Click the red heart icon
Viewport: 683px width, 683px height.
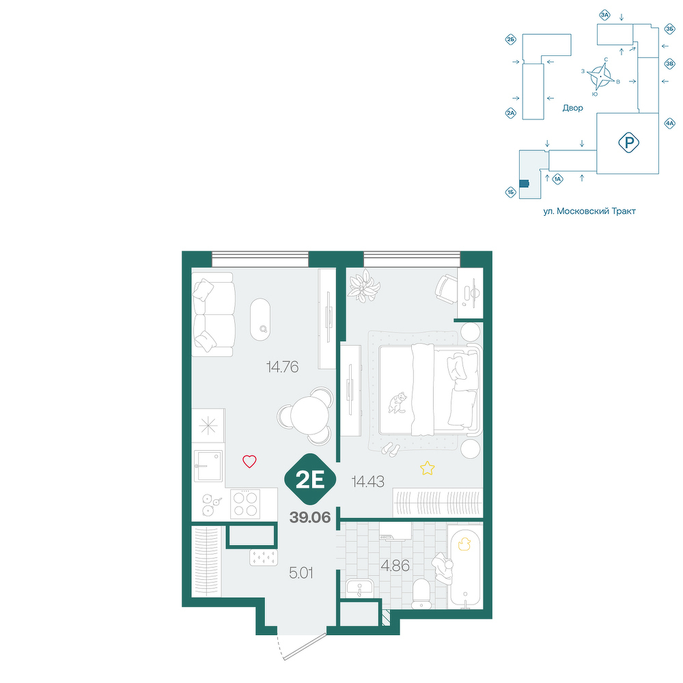[249, 461]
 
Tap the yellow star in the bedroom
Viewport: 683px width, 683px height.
[428, 469]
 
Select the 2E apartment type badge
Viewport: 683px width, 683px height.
[310, 480]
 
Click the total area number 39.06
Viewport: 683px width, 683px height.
[310, 518]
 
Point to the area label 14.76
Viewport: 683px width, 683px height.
[282, 367]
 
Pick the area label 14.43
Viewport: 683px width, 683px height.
[368, 482]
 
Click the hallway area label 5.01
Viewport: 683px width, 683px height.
[301, 573]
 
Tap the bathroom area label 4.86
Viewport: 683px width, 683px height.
[395, 566]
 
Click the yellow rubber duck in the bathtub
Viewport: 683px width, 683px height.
[464, 544]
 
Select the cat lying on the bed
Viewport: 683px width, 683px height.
[397, 402]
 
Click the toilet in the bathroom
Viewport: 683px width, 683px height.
[421, 592]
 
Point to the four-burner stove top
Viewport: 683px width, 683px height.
[245, 503]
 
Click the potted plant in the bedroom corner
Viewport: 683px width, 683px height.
[364, 285]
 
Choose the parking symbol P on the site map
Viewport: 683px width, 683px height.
[628, 143]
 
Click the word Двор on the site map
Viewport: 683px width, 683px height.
[573, 108]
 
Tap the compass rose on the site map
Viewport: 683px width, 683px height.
[600, 76]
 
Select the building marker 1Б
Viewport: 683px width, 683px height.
[511, 192]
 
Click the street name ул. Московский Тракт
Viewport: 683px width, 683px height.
[589, 211]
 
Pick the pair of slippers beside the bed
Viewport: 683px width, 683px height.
[391, 449]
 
